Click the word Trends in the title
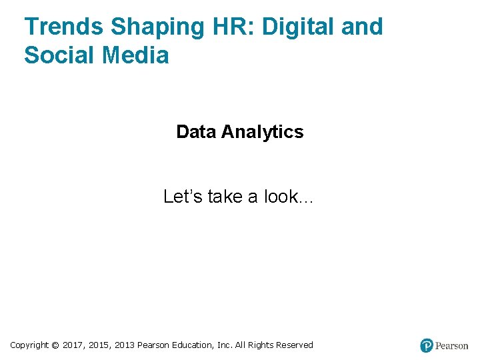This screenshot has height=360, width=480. pyautogui.click(x=64, y=27)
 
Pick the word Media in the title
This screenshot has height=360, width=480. pyautogui.click(x=136, y=55)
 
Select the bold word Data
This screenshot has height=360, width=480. pyautogui.click(x=196, y=132)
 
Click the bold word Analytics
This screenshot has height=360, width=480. pyautogui.click(x=262, y=132)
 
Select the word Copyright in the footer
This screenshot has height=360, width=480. pyautogui.click(x=29, y=345)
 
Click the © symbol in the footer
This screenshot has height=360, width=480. pyautogui.click(x=55, y=345)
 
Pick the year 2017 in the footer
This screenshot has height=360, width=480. pyautogui.click(x=73, y=345)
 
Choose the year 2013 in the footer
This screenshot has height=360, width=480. pyautogui.click(x=125, y=345)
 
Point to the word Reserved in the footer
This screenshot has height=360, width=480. pyautogui.click(x=295, y=345)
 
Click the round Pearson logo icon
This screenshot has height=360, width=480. pyautogui.click(x=427, y=345)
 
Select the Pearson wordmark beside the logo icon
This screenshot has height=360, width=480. pyautogui.click(x=451, y=345)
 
